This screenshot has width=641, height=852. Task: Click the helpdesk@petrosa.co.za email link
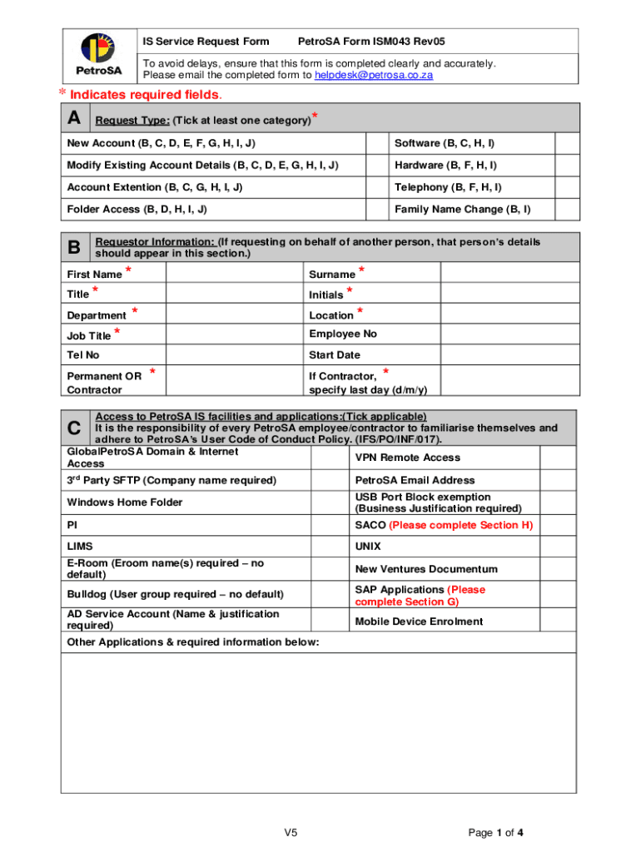point(374,76)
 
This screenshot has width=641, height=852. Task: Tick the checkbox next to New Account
point(376,143)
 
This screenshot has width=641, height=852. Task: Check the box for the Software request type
point(567,143)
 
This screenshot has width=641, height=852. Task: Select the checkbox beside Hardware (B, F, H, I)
point(567,166)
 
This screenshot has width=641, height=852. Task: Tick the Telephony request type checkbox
point(567,187)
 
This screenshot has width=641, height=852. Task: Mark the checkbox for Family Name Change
point(567,210)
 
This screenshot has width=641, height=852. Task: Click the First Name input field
point(234,274)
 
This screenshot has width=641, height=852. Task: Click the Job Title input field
point(234,334)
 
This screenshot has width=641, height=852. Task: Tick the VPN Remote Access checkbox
point(559,458)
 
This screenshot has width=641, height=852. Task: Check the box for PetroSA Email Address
point(559,480)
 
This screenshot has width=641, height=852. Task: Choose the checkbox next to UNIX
point(559,547)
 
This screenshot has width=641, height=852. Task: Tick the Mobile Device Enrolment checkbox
point(559,621)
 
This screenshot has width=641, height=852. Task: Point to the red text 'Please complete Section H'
point(460,525)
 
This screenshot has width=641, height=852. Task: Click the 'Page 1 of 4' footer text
point(495,832)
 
